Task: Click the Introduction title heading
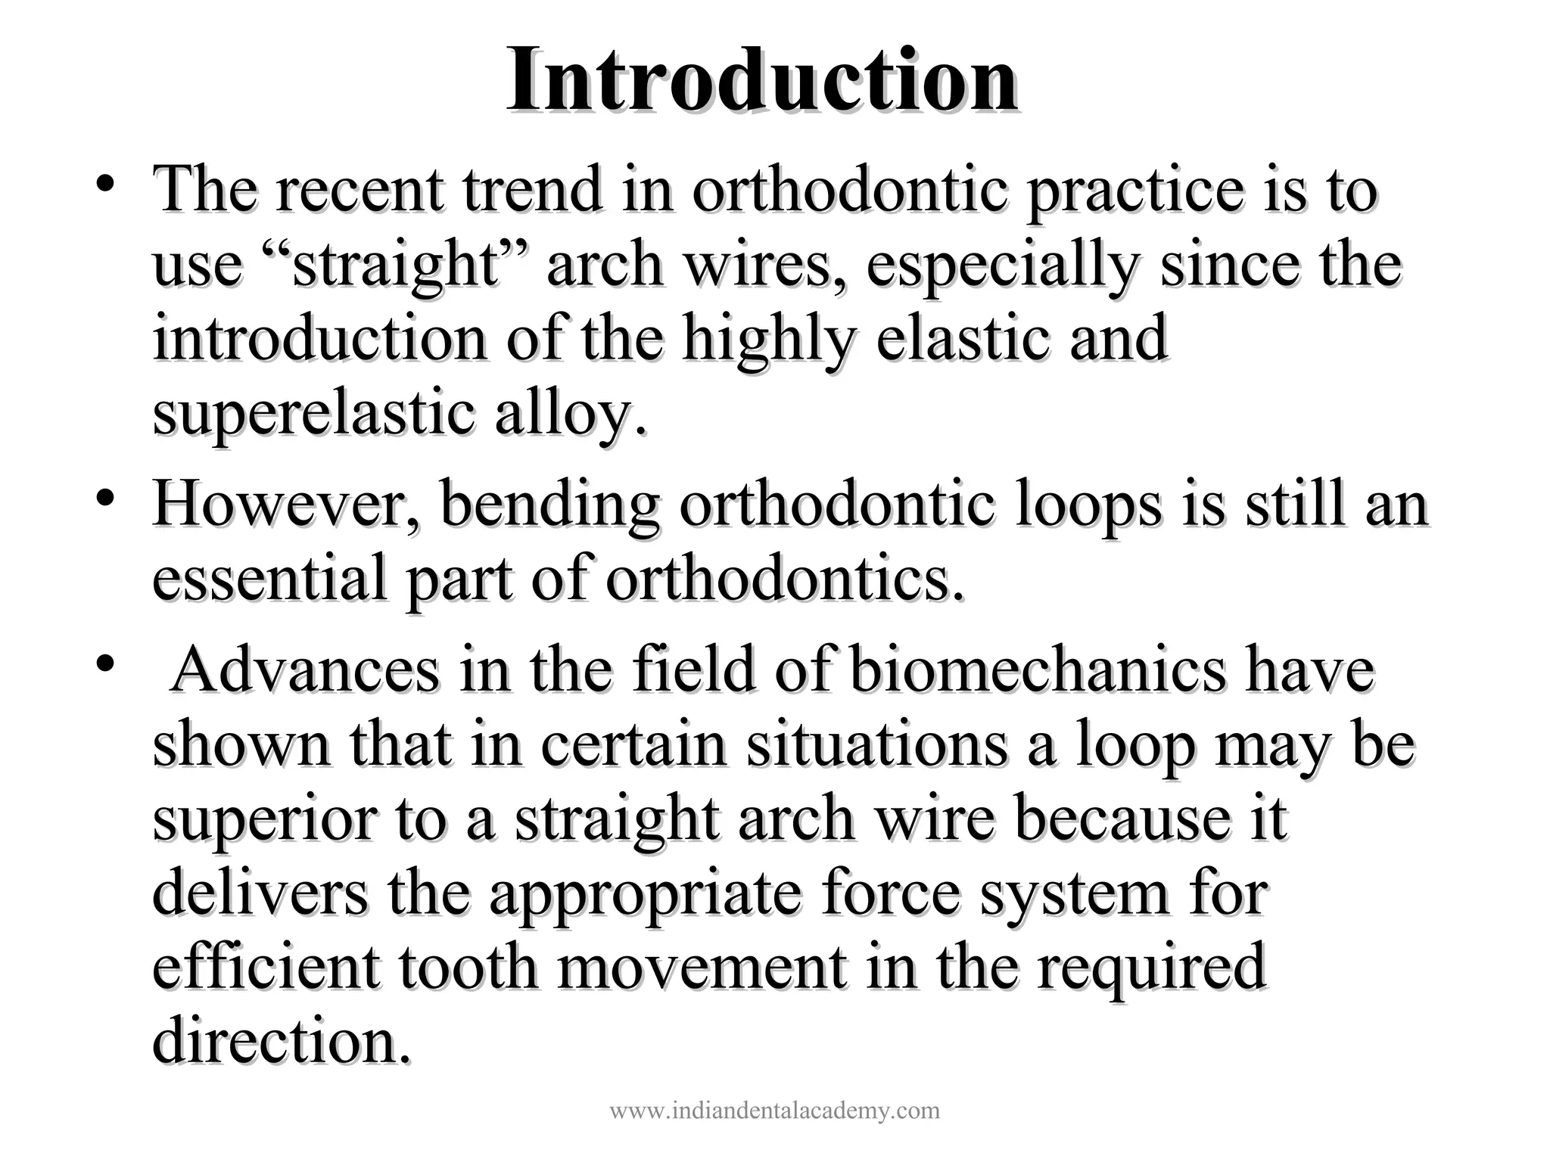point(761,82)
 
